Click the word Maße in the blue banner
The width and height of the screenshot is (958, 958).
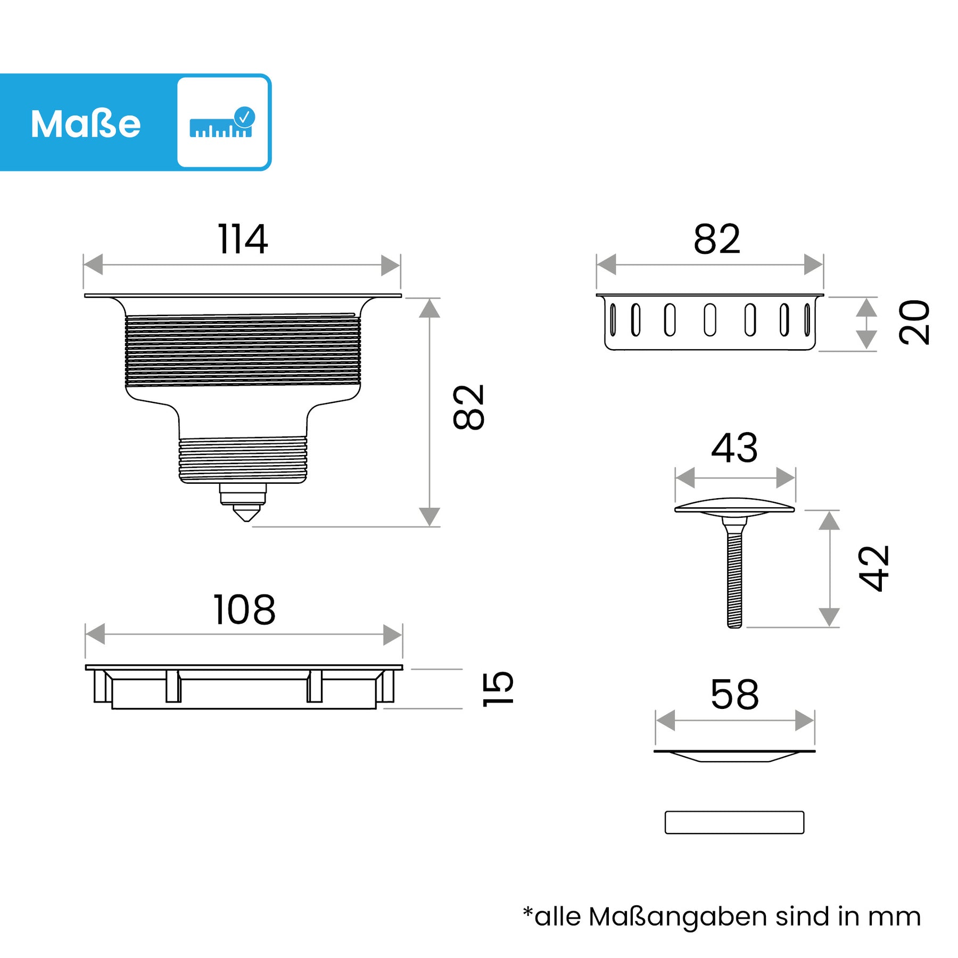point(86,124)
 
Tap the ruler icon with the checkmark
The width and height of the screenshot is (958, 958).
point(222,122)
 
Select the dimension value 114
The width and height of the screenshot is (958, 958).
point(243,240)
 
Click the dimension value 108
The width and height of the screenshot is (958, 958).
point(244,610)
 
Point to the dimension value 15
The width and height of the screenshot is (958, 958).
point(498,689)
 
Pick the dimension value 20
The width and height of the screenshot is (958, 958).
point(914,322)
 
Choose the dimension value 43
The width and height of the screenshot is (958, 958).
point(734,448)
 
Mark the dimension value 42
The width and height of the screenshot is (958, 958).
point(873,568)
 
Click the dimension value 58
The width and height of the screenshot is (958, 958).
point(734,695)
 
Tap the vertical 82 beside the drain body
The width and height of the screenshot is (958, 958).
point(468,407)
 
